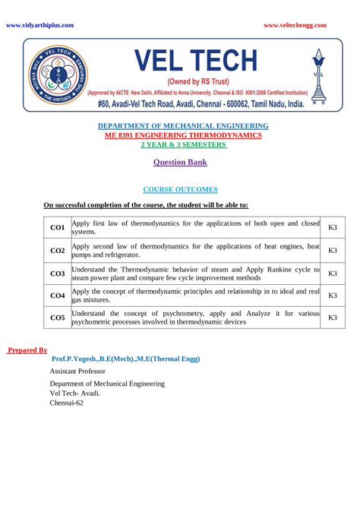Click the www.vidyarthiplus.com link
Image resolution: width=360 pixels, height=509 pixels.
(39, 25)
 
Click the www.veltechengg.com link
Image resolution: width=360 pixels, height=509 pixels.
(295, 25)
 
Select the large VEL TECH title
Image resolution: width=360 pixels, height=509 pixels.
(196, 61)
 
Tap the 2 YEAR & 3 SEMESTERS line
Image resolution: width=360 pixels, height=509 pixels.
(179, 144)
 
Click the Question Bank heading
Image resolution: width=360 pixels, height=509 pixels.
(180, 162)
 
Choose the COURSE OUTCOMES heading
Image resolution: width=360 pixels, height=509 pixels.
(180, 189)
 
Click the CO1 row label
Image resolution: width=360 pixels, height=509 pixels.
(57, 227)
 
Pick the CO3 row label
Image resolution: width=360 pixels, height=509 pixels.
(57, 273)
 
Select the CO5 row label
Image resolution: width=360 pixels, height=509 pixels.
(57, 318)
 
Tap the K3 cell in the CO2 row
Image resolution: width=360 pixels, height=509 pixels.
(332, 250)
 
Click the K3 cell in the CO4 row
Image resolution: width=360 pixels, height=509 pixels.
(332, 296)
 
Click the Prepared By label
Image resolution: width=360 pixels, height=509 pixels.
(27, 350)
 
